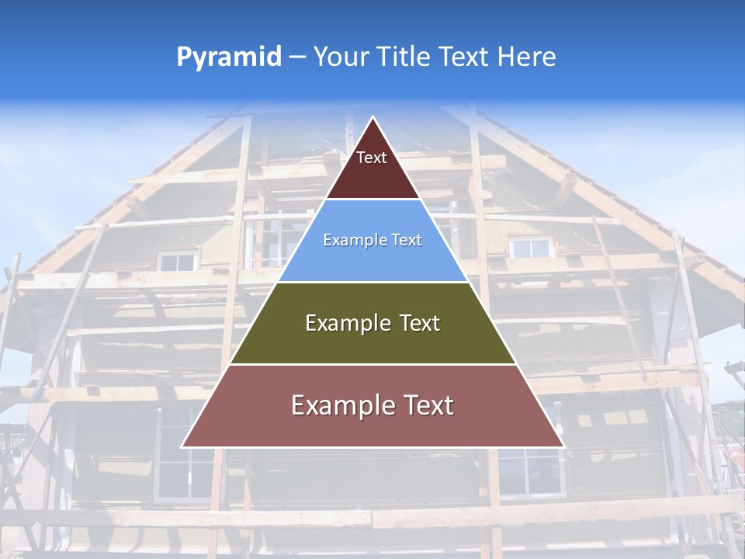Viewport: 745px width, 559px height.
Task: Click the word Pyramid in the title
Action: [x=228, y=57]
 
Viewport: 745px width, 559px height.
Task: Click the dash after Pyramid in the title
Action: [x=297, y=57]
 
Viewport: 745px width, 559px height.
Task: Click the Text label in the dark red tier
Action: [x=371, y=158]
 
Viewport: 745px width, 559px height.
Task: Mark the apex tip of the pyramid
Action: [x=372, y=117]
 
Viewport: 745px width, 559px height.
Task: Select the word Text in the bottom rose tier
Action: [x=425, y=405]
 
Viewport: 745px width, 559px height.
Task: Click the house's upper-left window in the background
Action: [x=177, y=261]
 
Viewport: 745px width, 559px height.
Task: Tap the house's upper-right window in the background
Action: [x=531, y=248]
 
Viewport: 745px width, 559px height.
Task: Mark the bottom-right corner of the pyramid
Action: [x=563, y=446]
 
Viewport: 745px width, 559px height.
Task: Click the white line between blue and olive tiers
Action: [x=372, y=282]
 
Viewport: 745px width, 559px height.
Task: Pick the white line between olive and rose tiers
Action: [x=372, y=364]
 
